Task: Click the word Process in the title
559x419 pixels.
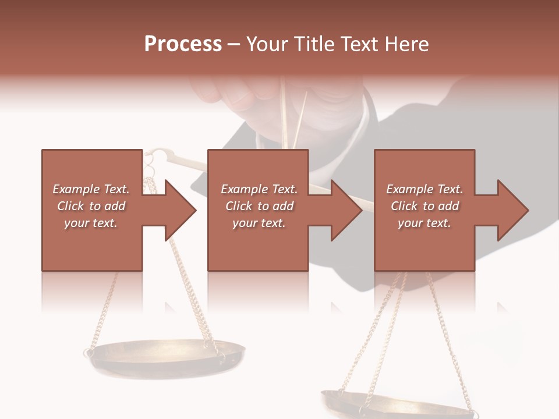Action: pos(183,44)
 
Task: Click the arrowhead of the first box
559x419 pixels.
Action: pos(181,210)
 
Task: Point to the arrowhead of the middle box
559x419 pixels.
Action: pos(347,210)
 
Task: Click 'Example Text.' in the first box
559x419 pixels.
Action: pos(91,189)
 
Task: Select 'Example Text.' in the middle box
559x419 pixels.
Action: pos(259,189)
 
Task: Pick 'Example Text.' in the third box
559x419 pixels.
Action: pos(424,189)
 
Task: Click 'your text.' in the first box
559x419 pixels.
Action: pos(91,223)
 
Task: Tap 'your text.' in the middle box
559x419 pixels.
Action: pos(259,223)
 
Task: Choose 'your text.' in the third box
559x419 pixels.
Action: pos(424,223)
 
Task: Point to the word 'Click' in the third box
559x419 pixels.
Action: pos(404,206)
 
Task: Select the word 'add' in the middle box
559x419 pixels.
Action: pos(282,206)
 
